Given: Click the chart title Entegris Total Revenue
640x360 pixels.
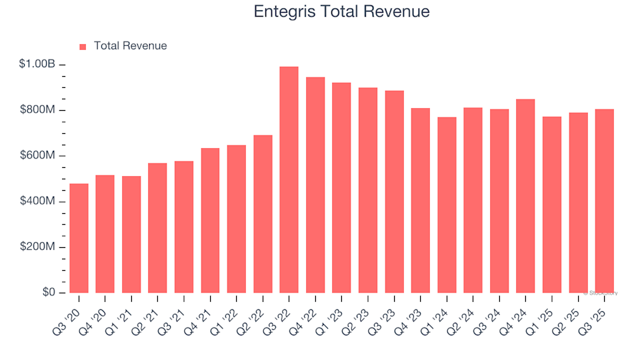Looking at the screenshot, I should (x=341, y=12).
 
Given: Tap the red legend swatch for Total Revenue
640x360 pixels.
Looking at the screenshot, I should (x=83, y=47).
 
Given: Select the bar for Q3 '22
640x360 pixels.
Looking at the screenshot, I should (x=289, y=180).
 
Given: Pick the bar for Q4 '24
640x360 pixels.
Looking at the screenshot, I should (x=525, y=196).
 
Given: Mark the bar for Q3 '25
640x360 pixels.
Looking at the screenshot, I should (x=604, y=201).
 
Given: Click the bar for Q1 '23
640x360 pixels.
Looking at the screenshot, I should (x=341, y=187).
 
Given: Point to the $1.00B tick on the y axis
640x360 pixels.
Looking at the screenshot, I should (x=37, y=65).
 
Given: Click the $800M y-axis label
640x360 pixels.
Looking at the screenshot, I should (x=37, y=110).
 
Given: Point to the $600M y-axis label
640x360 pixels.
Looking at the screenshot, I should (x=37, y=156).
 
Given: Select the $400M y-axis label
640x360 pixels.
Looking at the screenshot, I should (x=37, y=201).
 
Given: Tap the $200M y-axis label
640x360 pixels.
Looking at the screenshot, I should (x=37, y=247).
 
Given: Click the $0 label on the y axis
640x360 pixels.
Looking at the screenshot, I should (x=48, y=293).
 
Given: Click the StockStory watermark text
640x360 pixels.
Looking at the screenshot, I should (x=601, y=293).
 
